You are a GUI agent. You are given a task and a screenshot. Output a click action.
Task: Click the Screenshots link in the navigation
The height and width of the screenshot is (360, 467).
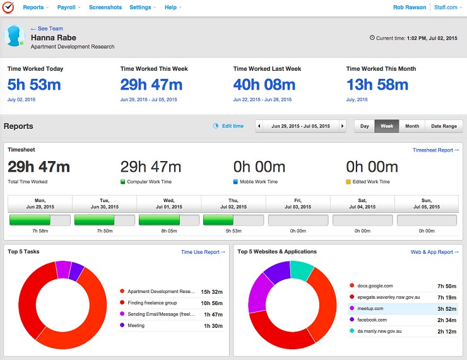105,7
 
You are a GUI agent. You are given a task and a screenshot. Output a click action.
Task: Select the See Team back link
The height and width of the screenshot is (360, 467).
47,28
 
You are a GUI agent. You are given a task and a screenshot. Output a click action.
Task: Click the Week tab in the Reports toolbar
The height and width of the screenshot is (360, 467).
387,126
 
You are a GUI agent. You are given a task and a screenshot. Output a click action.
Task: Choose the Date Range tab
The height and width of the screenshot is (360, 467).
444,126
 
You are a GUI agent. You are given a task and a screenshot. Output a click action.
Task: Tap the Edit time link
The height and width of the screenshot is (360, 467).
228,126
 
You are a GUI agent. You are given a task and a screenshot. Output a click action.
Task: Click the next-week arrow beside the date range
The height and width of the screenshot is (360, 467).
342,126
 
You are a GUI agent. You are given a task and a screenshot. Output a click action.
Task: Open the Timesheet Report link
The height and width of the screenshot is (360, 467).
435,150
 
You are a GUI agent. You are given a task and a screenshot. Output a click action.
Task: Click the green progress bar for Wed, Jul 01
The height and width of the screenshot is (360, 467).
159,220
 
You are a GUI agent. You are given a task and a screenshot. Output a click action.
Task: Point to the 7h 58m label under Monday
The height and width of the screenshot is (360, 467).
40,231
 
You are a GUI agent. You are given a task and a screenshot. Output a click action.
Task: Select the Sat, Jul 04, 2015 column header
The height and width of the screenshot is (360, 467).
362,203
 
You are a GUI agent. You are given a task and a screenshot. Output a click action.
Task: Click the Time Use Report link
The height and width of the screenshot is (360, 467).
203,252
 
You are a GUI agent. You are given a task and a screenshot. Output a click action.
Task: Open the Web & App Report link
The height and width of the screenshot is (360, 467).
435,252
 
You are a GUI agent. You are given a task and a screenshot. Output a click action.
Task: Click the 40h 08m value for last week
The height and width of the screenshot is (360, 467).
264,85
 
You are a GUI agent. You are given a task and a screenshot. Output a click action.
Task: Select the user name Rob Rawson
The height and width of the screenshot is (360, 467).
410,8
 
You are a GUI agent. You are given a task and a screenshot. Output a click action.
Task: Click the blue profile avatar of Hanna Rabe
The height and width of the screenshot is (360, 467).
14,36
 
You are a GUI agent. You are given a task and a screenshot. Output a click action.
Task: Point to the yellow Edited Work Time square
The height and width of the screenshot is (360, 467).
348,182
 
